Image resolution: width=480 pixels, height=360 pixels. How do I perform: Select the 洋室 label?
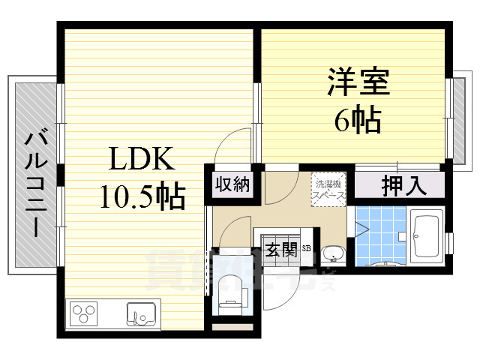(x=358, y=82)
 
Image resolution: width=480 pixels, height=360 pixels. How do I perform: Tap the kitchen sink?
(x=141, y=313)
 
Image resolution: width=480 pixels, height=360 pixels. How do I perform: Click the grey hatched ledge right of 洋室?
(x=457, y=118)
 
